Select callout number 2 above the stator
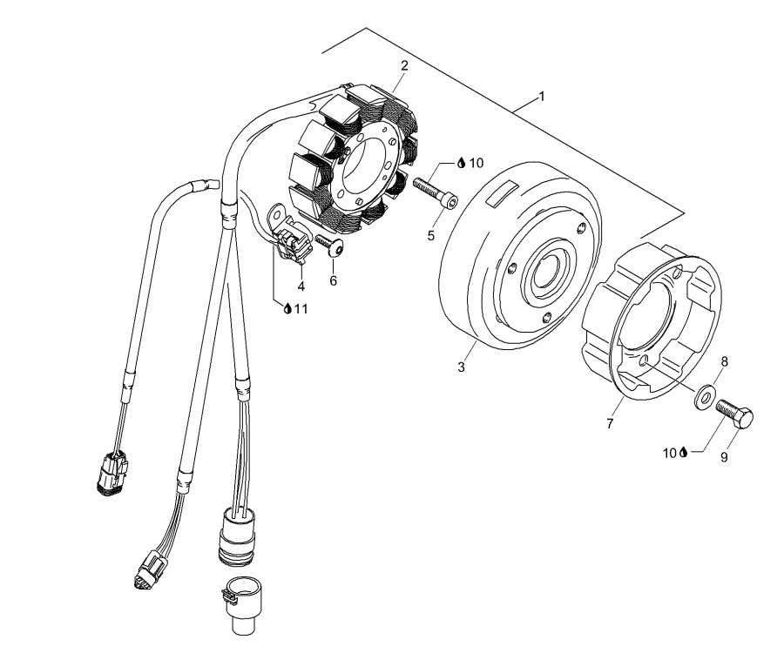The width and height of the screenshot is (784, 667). pyautogui.click(x=404, y=65)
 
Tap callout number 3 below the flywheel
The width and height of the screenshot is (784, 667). pyautogui.click(x=461, y=367)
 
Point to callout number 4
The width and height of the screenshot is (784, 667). pyautogui.click(x=300, y=285)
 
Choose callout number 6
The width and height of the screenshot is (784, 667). pyautogui.click(x=333, y=280)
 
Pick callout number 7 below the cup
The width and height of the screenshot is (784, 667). pyautogui.click(x=610, y=423)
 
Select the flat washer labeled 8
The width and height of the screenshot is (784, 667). pyautogui.click(x=701, y=401)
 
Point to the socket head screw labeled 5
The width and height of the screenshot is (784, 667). pyautogui.click(x=432, y=192)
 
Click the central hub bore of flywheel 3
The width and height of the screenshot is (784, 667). pyautogui.click(x=551, y=268)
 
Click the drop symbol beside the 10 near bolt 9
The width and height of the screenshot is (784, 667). pyautogui.click(x=684, y=452)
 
